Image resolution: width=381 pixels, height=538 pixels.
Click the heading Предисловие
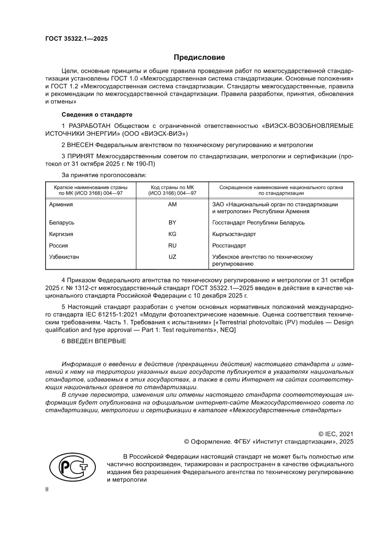pos(199,58)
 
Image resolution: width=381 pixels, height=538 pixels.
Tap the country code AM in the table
pos(173,204)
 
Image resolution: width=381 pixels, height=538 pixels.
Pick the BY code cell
pos(173,222)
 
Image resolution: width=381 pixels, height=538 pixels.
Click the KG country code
pos(173,234)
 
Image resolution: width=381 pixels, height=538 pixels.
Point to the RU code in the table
pos(173,245)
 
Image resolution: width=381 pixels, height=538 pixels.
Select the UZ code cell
pos(173,257)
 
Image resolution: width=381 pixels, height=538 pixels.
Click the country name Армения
pos(61,204)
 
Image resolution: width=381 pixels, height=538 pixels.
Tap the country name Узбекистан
pos(64,257)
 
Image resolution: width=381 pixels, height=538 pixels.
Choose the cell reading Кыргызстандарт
pos(234,234)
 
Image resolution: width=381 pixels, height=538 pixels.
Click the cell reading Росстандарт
pos(229,245)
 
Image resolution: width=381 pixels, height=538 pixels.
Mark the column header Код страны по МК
pos(173,188)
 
